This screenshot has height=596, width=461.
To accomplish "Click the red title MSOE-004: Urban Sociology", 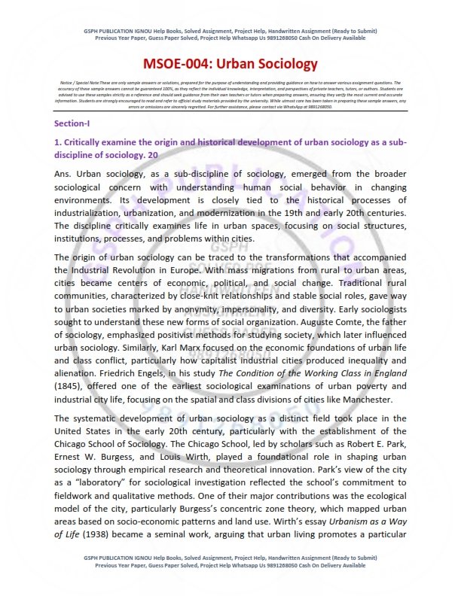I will coord(230,65).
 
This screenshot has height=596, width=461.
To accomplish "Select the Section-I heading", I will coord(72,123).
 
